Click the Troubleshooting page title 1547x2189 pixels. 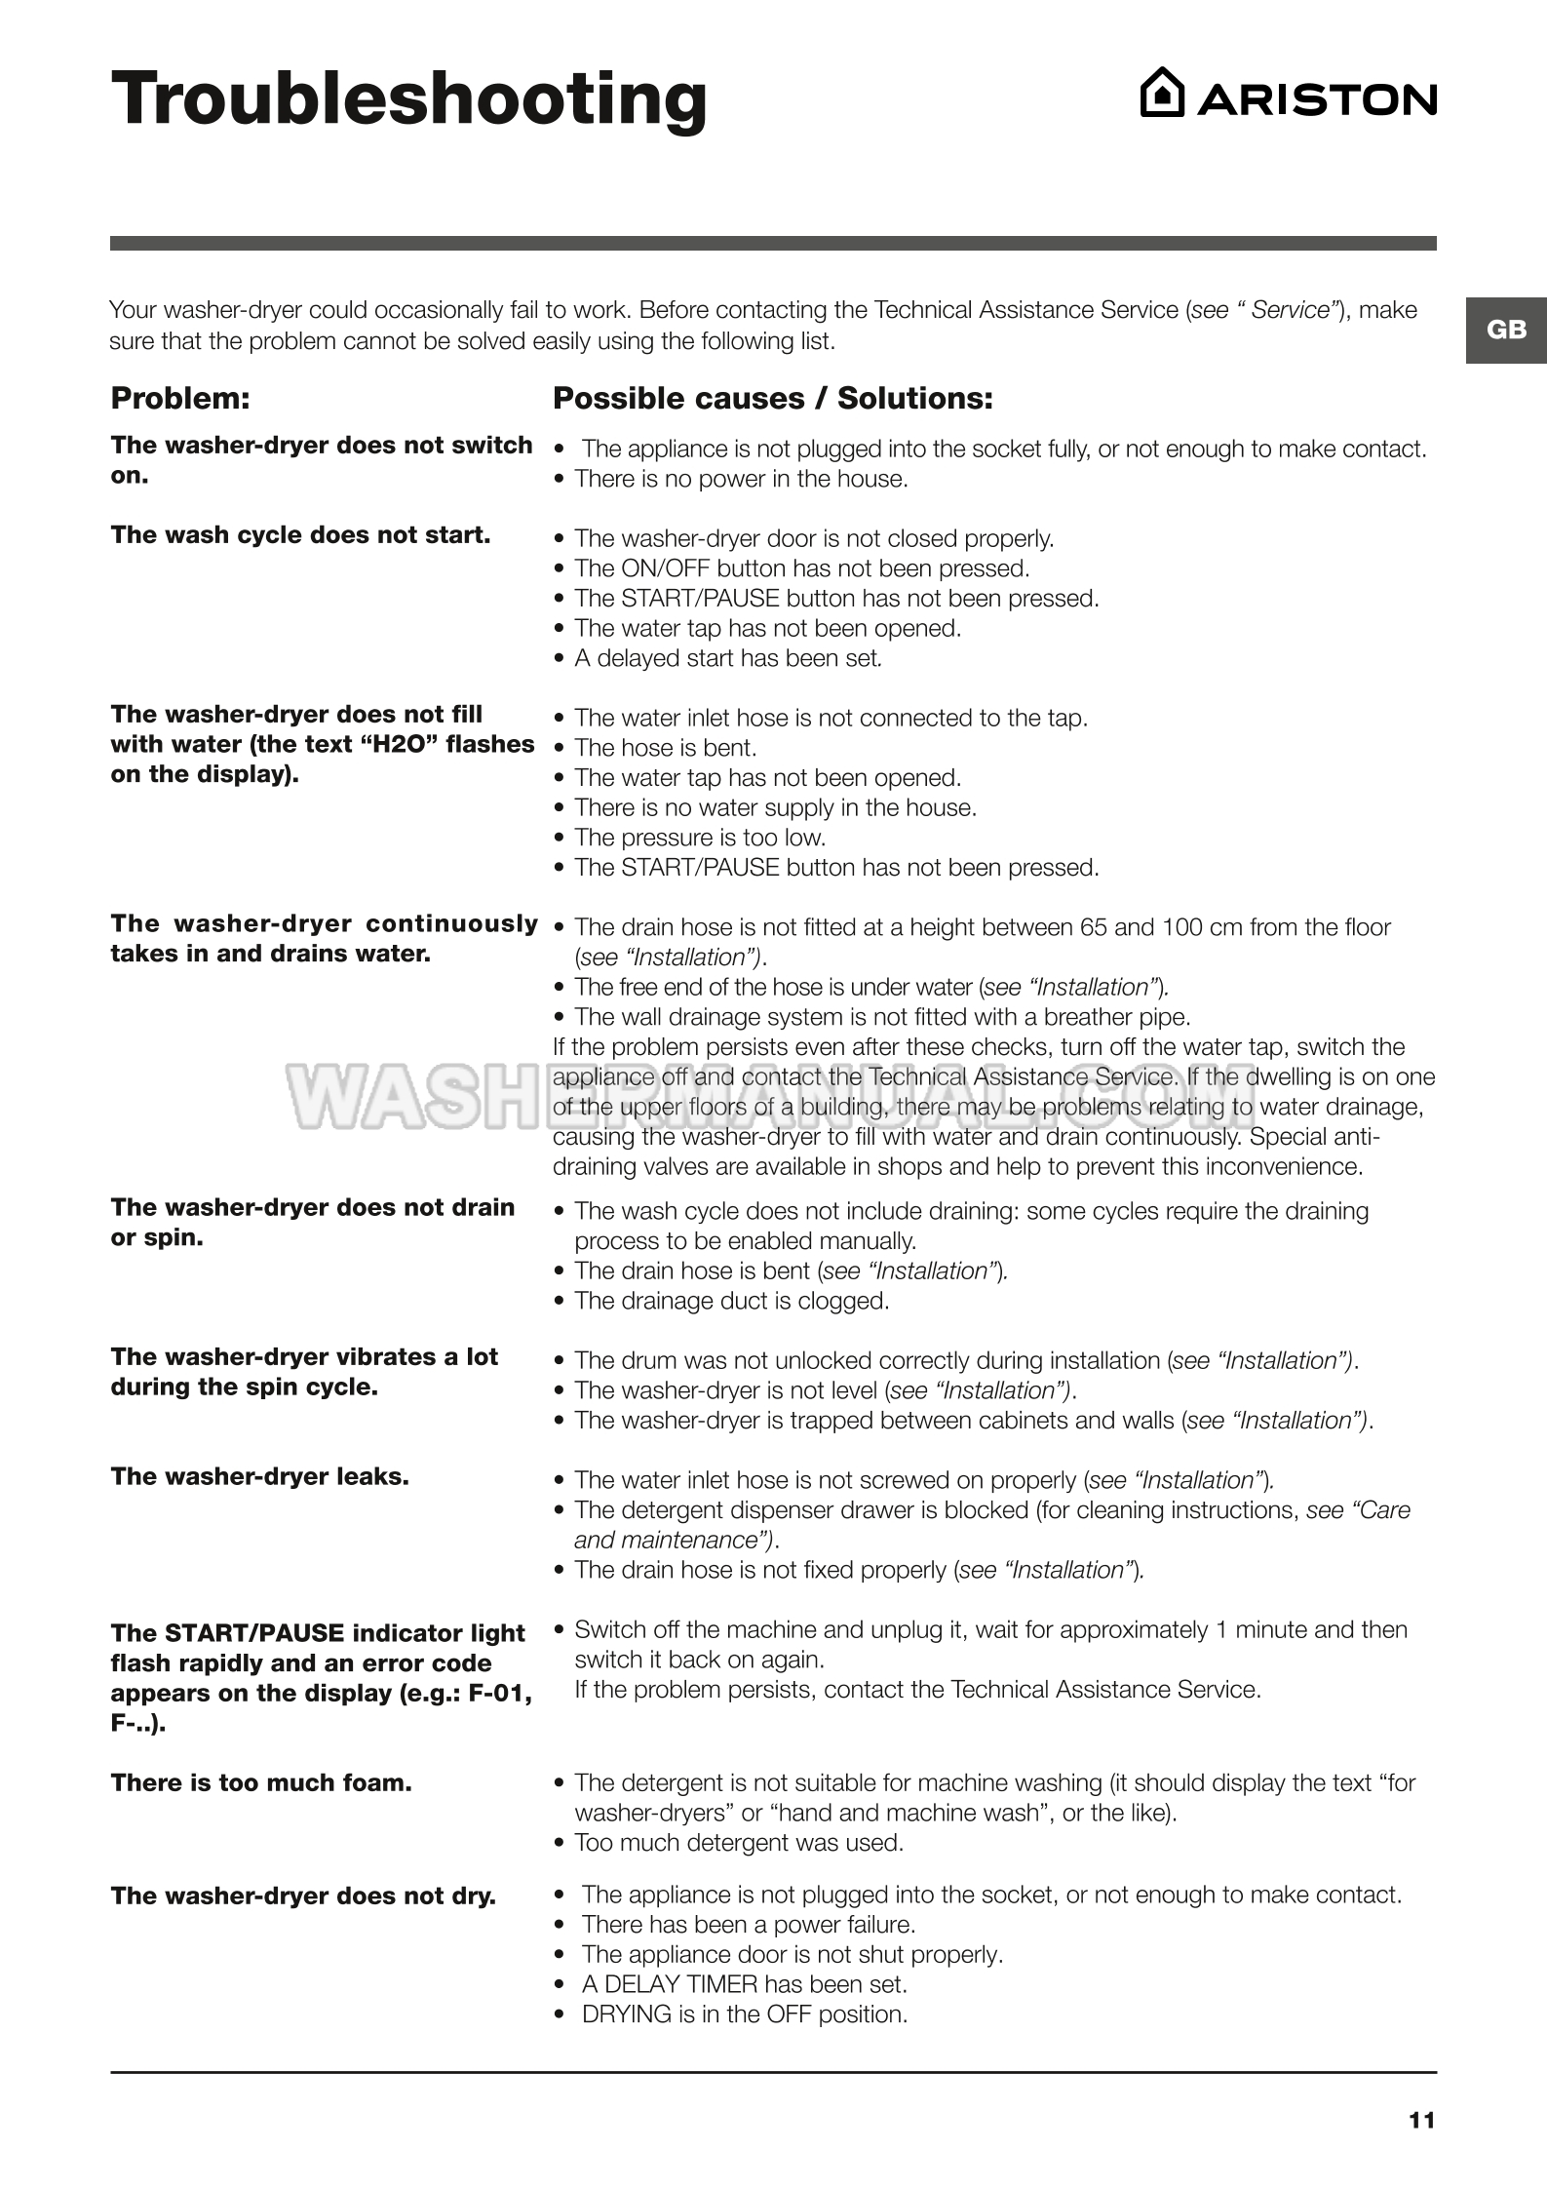pos(408,100)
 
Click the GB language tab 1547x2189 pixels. pos(1505,330)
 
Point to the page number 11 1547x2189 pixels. pos(1421,2120)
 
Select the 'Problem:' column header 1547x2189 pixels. pos(180,398)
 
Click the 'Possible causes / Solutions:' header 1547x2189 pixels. pos(772,398)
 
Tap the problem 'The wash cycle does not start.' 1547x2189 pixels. pos(300,534)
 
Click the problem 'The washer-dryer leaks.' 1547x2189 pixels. pos(259,1476)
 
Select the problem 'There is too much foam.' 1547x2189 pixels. pos(261,1782)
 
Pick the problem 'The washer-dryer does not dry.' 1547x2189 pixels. pos(303,1896)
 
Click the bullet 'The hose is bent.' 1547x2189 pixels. pos(665,748)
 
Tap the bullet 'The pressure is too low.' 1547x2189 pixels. pos(699,838)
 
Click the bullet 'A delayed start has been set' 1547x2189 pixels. pos(727,658)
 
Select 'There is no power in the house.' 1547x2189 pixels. pos(741,479)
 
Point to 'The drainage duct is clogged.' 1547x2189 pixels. pos(731,1301)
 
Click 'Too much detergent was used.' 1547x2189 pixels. pos(739,1843)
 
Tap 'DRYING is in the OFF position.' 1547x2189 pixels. pos(744,2014)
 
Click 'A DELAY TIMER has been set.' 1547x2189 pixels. pos(744,1984)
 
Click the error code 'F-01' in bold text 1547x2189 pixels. pos(499,1694)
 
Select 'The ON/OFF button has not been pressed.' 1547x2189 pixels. pos(801,568)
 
